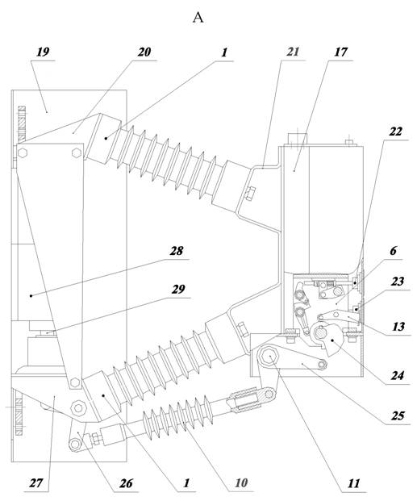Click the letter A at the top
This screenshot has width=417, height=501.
(198, 18)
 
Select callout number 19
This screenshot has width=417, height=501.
(43, 52)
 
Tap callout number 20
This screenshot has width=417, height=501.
(144, 52)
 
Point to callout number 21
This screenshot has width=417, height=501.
(293, 52)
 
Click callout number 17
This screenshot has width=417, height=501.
(340, 52)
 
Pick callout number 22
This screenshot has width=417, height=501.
(395, 132)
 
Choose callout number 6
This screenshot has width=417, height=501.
(394, 251)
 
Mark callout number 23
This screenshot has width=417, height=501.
(397, 282)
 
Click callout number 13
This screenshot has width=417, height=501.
(398, 327)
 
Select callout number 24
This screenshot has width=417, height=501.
(397, 375)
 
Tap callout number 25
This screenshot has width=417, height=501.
(398, 415)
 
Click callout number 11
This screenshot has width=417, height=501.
(353, 483)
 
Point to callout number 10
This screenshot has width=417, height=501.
(241, 482)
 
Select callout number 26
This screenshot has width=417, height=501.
(126, 483)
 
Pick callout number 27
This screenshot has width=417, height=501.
(36, 482)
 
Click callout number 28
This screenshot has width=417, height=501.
(176, 251)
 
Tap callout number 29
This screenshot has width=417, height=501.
(178, 289)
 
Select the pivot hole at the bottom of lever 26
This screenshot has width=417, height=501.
(75, 444)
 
